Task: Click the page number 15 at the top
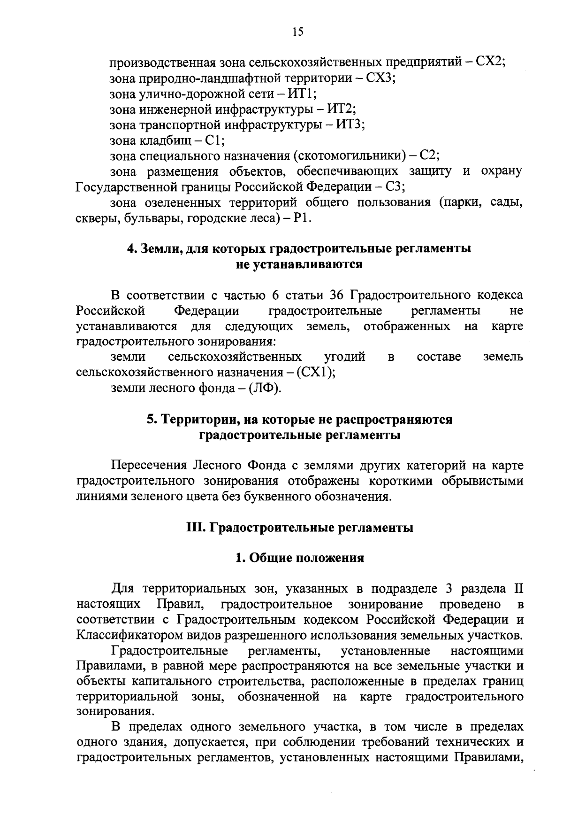(x=298, y=31)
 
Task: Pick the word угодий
(x=344, y=357)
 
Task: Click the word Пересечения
(x=149, y=466)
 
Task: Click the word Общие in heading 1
(x=269, y=558)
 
